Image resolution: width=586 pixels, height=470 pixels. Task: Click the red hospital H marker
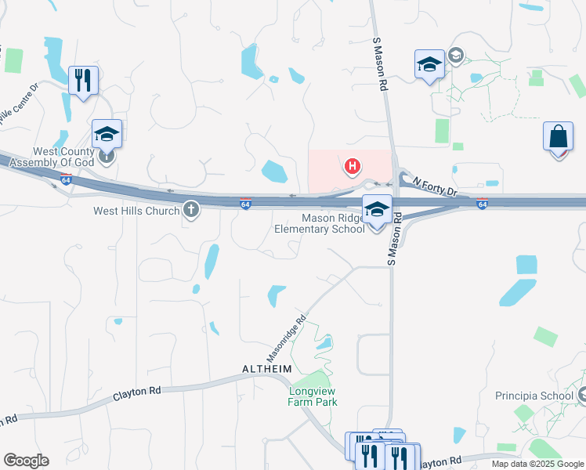(353, 166)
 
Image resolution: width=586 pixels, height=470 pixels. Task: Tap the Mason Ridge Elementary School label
(320, 223)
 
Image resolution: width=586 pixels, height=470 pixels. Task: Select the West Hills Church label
(136, 210)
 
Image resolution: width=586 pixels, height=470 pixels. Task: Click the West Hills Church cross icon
(191, 209)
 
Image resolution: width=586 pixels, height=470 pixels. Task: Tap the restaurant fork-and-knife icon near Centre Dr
(83, 80)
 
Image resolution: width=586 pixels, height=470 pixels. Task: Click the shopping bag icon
(557, 136)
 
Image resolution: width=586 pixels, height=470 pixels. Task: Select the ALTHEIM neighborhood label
(267, 368)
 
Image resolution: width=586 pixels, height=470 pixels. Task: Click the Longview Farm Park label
(313, 396)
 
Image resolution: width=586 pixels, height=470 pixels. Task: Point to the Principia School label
(534, 396)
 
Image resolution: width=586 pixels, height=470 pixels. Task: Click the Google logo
(26, 461)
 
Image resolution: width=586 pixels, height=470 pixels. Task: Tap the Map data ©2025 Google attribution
(537, 464)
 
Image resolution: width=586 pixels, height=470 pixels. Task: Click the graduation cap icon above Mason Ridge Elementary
(377, 210)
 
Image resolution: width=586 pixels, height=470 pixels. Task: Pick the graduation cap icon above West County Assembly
(107, 134)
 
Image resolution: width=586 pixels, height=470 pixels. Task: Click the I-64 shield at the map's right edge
(482, 204)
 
